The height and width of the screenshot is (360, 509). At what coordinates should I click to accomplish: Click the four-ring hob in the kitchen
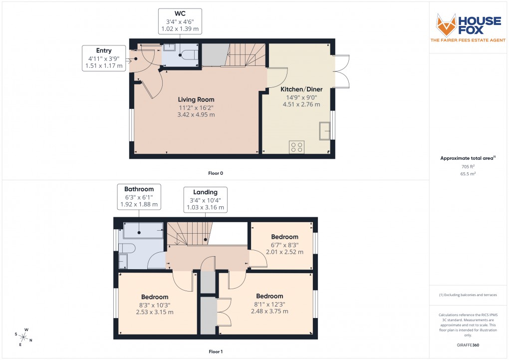point(296,147)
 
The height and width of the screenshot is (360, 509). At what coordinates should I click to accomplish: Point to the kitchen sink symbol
point(325,130)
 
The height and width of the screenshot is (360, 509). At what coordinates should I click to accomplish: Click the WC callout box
point(180,21)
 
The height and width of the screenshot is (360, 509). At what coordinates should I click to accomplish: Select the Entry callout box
point(104,58)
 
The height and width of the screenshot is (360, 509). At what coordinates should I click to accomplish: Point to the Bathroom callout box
point(139,197)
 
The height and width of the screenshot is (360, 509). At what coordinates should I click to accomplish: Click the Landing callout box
point(205,200)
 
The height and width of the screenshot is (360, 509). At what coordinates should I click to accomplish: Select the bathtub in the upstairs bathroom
point(143,230)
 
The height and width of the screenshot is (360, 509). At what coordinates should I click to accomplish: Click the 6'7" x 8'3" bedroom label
point(284,237)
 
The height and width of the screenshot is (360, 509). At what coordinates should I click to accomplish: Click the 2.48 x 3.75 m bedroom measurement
point(269,311)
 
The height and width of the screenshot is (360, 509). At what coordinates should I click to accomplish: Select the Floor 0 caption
point(216,173)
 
